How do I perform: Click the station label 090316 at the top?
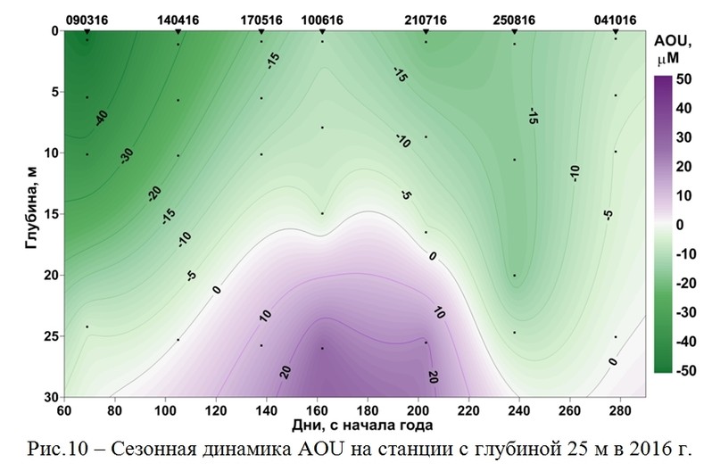tap(86, 18)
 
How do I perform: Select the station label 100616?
tap(322, 18)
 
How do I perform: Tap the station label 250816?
tap(514, 18)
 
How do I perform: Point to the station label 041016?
tap(616, 18)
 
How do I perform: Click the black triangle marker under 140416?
tap(178, 31)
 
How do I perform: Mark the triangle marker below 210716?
tap(426, 31)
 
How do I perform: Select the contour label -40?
tap(101, 117)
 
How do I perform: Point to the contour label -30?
tap(128, 153)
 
